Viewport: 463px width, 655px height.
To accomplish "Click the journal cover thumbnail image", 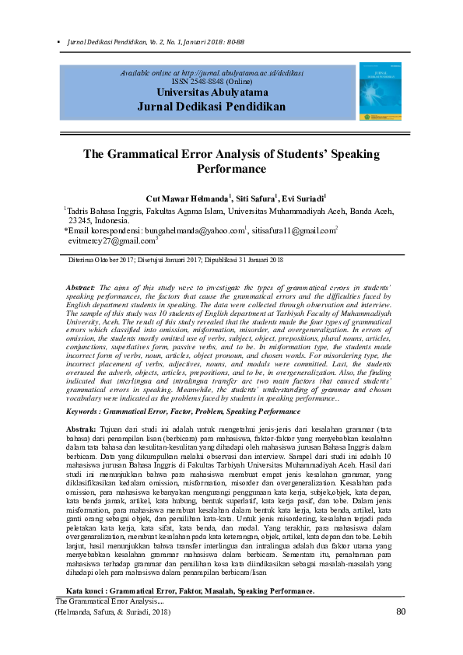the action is point(378,92).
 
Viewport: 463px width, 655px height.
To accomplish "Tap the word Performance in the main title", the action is point(231,169).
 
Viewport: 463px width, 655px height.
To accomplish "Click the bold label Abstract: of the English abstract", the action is point(80,287).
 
